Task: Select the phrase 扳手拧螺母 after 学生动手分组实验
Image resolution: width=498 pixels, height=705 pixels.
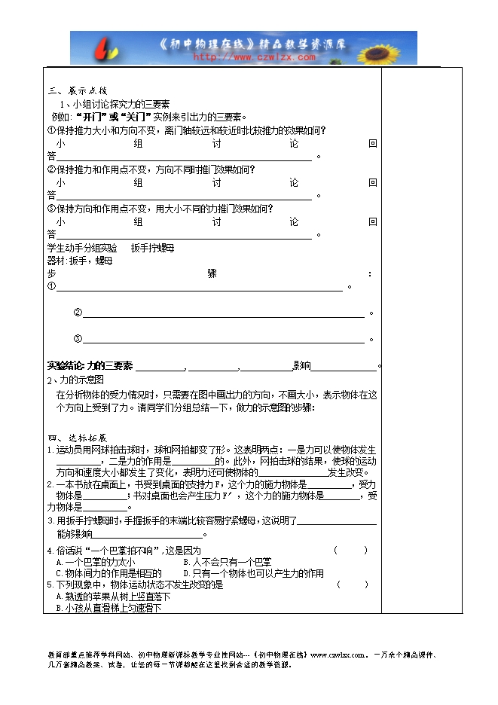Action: (152, 248)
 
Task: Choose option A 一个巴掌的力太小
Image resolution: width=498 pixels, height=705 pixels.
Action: (96, 562)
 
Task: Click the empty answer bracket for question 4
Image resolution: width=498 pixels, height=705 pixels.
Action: (350, 551)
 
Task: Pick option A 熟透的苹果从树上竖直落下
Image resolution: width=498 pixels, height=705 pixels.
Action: (113, 596)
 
